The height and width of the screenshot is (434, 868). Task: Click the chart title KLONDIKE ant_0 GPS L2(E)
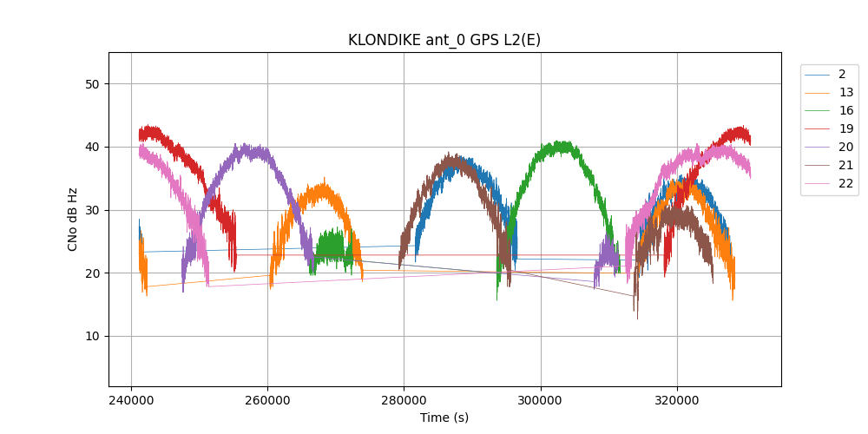tap(444, 40)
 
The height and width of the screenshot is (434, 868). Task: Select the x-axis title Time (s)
tap(444, 418)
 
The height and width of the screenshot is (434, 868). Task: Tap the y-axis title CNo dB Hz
tap(73, 219)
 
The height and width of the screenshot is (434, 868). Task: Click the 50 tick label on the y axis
tap(93, 84)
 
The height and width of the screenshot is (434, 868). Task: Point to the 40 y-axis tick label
tap(93, 148)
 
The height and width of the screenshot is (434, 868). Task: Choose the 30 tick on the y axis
tap(93, 210)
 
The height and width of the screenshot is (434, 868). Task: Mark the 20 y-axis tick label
tap(93, 273)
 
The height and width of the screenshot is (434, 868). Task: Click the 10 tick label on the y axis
tap(93, 337)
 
